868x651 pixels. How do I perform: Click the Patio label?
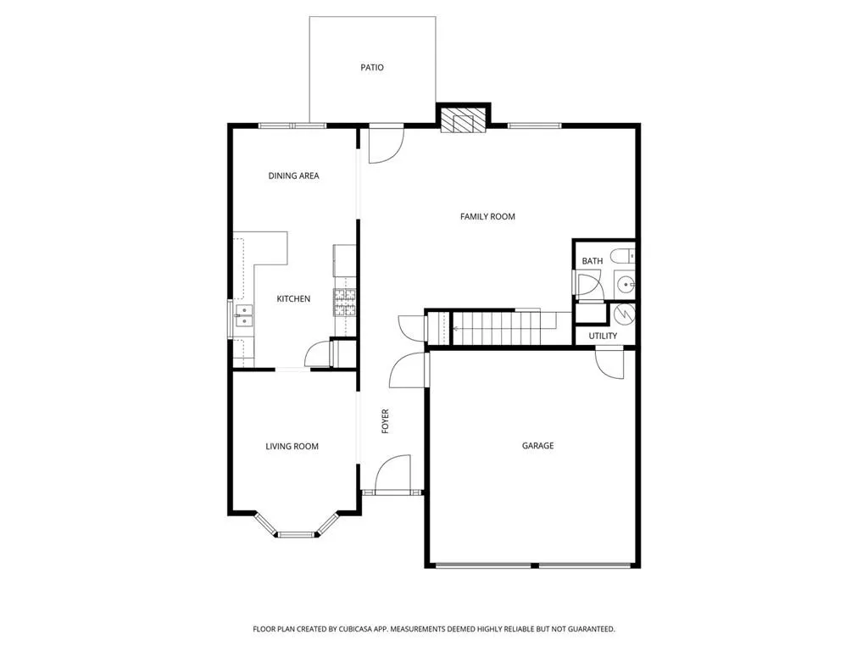click(x=372, y=68)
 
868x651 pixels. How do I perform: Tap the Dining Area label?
click(x=293, y=176)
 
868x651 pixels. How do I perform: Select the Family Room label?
click(x=487, y=217)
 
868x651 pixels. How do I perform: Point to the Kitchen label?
click(x=293, y=299)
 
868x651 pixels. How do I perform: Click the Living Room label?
click(x=292, y=447)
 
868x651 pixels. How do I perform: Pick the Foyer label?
click(x=385, y=421)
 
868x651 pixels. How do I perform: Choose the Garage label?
click(x=537, y=446)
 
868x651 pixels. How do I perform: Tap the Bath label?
click(x=592, y=261)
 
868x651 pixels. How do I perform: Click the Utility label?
click(x=603, y=336)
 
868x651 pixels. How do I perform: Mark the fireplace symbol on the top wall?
click(x=464, y=120)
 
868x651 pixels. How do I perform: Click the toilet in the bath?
click(x=624, y=256)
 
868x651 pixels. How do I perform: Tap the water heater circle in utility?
click(x=624, y=314)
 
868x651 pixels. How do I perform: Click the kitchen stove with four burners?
click(x=345, y=303)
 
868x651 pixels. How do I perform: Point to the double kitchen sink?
click(x=242, y=316)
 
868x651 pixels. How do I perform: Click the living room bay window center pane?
click(x=296, y=534)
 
